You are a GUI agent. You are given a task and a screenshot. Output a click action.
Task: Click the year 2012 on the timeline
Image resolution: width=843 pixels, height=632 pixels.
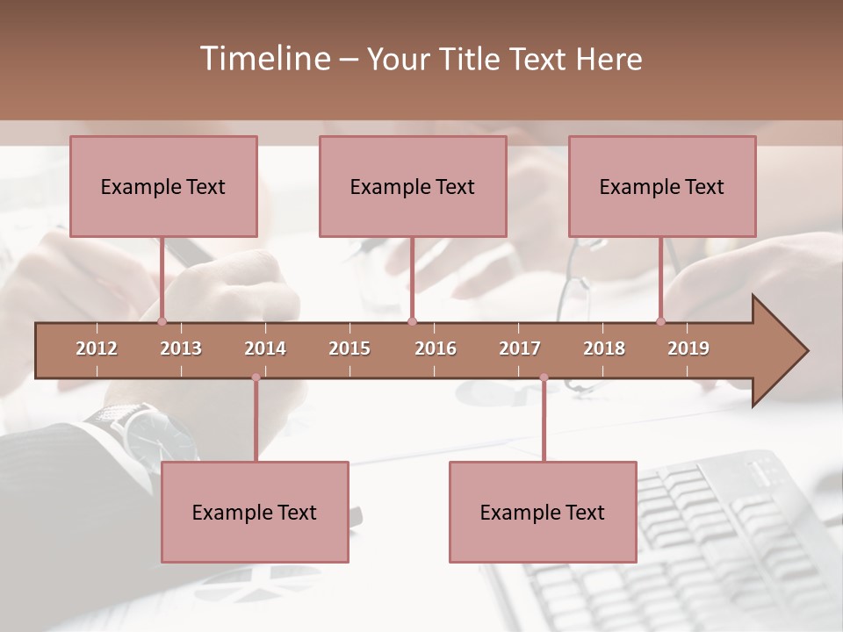[97, 348]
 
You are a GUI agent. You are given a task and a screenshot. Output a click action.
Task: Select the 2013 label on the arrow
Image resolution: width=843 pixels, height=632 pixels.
[181, 348]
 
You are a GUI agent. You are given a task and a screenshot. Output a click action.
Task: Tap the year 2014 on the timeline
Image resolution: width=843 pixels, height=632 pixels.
[265, 348]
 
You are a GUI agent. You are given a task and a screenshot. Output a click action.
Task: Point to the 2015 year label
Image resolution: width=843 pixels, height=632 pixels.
[349, 348]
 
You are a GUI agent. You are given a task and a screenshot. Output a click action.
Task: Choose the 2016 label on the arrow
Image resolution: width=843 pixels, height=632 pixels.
[436, 348]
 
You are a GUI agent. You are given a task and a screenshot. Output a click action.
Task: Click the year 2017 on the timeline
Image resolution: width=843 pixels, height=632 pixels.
[520, 348]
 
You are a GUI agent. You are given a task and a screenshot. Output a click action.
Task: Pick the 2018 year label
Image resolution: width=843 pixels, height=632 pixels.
[604, 348]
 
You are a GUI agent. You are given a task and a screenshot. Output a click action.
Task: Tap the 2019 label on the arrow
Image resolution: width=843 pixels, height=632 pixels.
[688, 348]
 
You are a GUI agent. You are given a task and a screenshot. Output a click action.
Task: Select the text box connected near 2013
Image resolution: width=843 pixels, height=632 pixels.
[163, 186]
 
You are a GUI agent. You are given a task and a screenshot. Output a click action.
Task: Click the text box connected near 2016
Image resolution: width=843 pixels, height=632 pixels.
[413, 186]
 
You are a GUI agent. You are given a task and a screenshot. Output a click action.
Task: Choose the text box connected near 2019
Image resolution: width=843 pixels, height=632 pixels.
[662, 186]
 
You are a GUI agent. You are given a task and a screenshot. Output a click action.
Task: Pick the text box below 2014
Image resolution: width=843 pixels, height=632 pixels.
[255, 512]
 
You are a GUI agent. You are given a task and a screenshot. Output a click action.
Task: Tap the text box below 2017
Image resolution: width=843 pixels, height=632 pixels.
[543, 512]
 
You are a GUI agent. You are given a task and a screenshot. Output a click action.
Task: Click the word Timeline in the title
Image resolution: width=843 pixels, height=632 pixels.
[263, 59]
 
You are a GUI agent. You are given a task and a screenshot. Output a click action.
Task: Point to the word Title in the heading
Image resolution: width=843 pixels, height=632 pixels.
[472, 59]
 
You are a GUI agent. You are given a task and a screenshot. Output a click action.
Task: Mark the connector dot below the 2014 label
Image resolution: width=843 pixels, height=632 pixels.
[256, 377]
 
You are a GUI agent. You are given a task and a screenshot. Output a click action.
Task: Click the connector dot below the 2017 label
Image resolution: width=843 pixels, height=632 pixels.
[544, 377]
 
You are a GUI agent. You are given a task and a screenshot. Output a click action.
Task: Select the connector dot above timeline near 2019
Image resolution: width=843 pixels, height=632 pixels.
[661, 321]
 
